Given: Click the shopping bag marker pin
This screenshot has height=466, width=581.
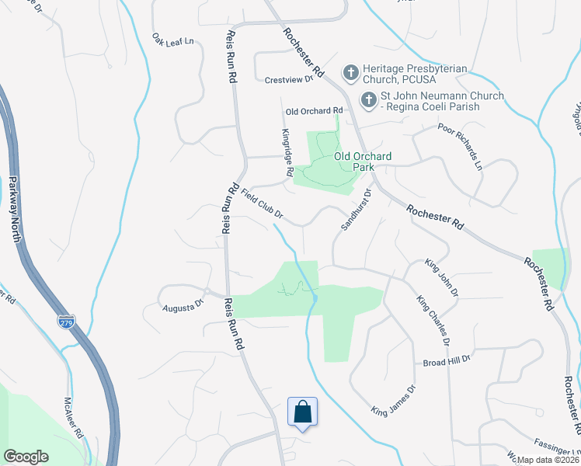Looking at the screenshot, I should [302, 412].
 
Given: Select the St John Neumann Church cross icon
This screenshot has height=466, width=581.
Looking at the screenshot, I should [368, 100].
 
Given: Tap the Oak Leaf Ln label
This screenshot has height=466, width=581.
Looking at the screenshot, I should [172, 40].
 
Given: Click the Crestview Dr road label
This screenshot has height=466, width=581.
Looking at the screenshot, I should [288, 79].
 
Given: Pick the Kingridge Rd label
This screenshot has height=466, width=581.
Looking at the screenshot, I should [287, 151].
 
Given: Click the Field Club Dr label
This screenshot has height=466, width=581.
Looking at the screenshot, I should [262, 203].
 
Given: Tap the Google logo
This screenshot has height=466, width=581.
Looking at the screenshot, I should [27, 456].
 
